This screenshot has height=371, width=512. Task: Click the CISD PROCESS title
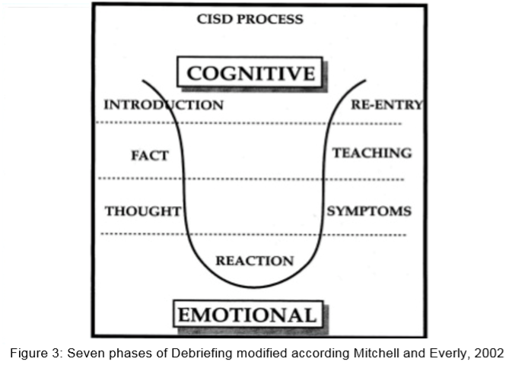coord(250,19)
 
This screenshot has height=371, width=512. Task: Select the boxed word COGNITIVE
coord(250,74)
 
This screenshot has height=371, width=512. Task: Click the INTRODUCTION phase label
coord(164,105)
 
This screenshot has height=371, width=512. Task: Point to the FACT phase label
coord(149,156)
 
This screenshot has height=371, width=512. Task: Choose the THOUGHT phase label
coord(143,211)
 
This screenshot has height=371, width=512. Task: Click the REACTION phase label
coord(255,261)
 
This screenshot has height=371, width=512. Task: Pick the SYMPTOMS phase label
coord(370,211)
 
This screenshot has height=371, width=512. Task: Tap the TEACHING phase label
coord(372,153)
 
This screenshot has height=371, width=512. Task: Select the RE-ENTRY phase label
coord(386,104)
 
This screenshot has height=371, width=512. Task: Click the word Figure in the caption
coord(26,354)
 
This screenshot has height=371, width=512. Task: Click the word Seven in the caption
coord(83,354)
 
